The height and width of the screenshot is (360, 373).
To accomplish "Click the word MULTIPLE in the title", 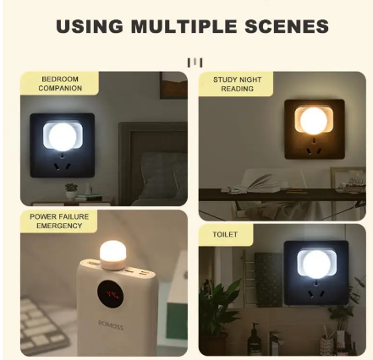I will pyautogui.click(x=184, y=26).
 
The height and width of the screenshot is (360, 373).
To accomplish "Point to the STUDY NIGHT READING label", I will pyautogui.click(x=238, y=84).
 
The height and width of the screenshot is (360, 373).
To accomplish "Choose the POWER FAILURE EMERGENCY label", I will pyautogui.click(x=59, y=221).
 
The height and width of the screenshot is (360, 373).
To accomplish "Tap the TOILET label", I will pyautogui.click(x=225, y=234).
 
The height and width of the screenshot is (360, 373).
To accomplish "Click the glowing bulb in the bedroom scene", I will pyautogui.click(x=62, y=135).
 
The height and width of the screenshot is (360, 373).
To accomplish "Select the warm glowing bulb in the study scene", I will pyautogui.click(x=314, y=120).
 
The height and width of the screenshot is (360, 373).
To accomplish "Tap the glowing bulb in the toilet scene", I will pyautogui.click(x=315, y=264).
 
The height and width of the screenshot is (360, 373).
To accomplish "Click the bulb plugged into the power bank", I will pyautogui.click(x=112, y=251).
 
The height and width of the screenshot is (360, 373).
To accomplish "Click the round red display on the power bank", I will pyautogui.click(x=110, y=295).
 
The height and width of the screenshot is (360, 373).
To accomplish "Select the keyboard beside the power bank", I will pyautogui.click(x=40, y=325).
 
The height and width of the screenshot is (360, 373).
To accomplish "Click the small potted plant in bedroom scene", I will pyautogui.click(x=72, y=191).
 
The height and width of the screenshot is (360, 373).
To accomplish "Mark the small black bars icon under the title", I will pyautogui.click(x=195, y=62).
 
